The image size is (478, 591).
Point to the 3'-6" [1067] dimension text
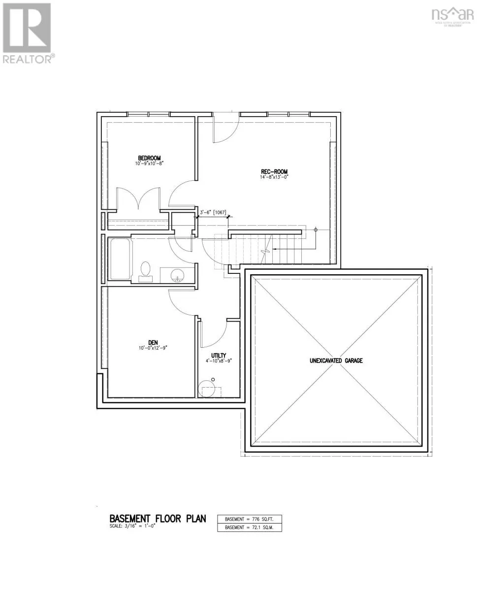point(213,213)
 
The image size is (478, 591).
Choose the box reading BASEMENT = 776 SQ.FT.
point(249,519)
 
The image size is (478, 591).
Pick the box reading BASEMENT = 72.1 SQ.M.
point(249,527)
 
